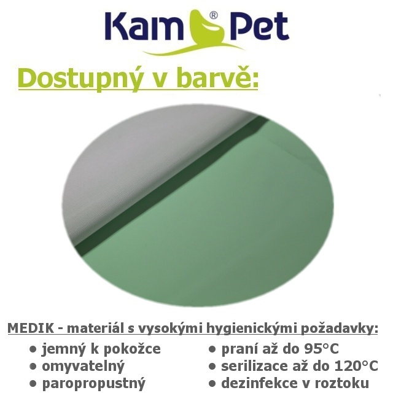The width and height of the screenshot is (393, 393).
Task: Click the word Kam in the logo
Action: (x=142, y=25)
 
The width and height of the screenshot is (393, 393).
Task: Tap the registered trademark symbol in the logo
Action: (x=213, y=15)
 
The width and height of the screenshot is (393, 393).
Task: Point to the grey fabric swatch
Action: (x=141, y=163)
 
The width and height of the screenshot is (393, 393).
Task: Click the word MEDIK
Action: (x=31, y=329)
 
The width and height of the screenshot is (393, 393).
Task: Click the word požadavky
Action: (x=339, y=329)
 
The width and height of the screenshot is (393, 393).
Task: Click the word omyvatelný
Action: (x=84, y=366)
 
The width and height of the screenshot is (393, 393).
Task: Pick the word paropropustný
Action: (x=94, y=384)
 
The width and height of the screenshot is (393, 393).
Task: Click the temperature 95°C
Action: (x=322, y=349)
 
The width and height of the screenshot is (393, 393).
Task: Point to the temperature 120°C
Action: (x=356, y=366)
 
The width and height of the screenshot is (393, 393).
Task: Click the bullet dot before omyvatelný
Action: (x=33, y=367)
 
